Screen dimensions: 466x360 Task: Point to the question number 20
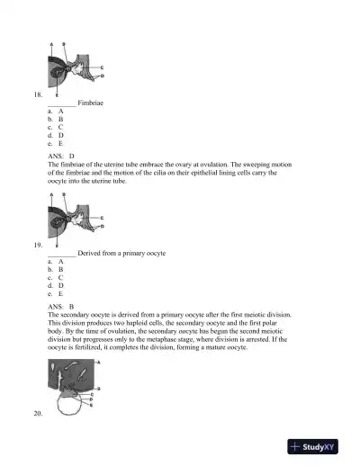[36, 412]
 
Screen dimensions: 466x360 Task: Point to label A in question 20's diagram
[98, 361]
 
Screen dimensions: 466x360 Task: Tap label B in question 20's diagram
[98, 389]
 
